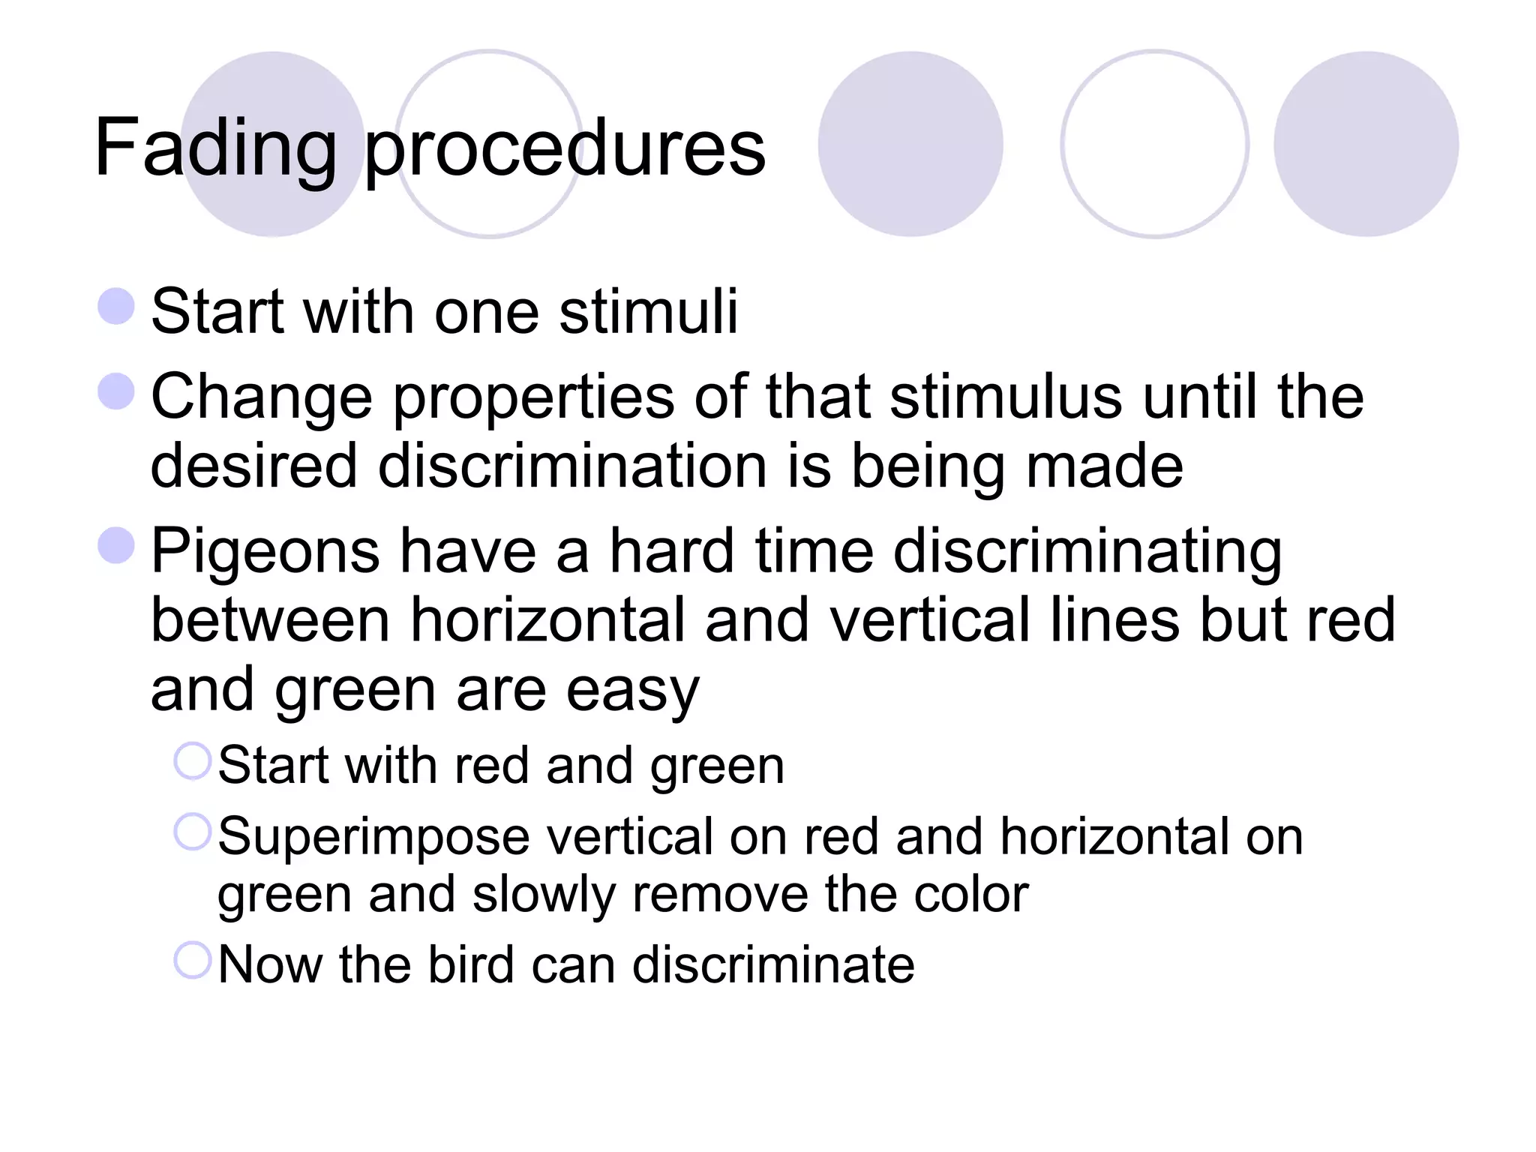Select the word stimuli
coord(649,311)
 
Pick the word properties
coord(533,398)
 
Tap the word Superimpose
coord(373,837)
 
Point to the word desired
coord(253,466)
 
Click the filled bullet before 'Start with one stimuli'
coord(116,307)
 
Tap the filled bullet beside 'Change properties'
coord(116,391)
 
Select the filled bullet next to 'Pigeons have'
coord(116,545)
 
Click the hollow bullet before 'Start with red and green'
coord(192,761)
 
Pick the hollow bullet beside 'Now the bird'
coord(192,960)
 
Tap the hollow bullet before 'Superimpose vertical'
coord(192,832)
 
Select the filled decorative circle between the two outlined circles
coord(910,144)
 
